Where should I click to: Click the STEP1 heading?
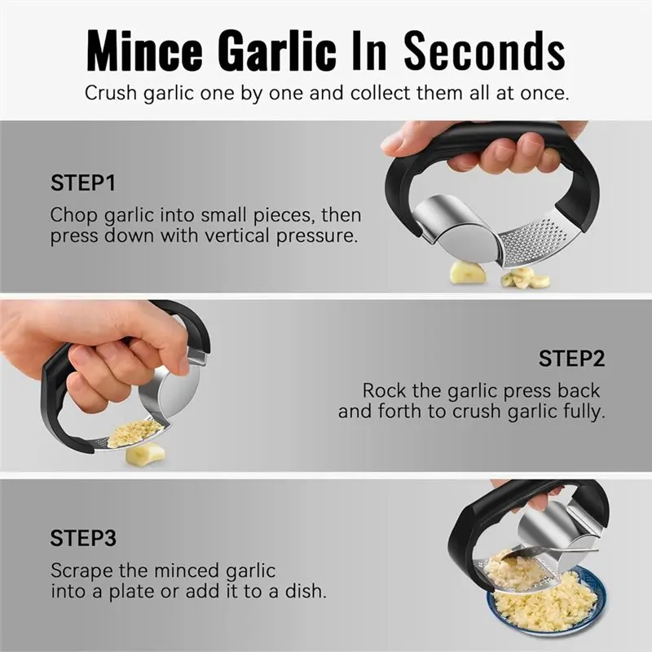82,183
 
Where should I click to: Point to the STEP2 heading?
571,358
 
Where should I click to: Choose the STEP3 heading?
83,538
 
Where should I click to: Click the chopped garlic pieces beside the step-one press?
525,279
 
